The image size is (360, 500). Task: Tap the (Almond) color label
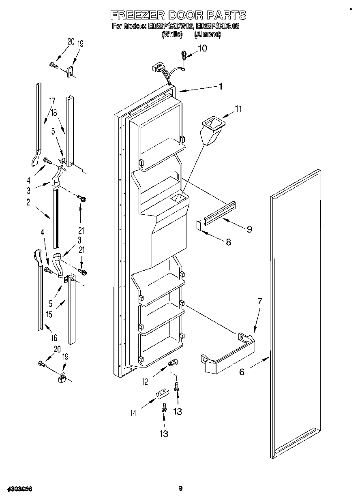[207, 34]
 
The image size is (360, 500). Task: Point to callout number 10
[202, 49]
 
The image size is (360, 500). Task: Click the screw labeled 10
[184, 53]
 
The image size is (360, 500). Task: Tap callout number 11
[238, 108]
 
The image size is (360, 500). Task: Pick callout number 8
[228, 242]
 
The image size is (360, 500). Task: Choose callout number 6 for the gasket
[242, 372]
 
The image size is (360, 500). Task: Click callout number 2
[28, 203]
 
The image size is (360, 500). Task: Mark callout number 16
[54, 338]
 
